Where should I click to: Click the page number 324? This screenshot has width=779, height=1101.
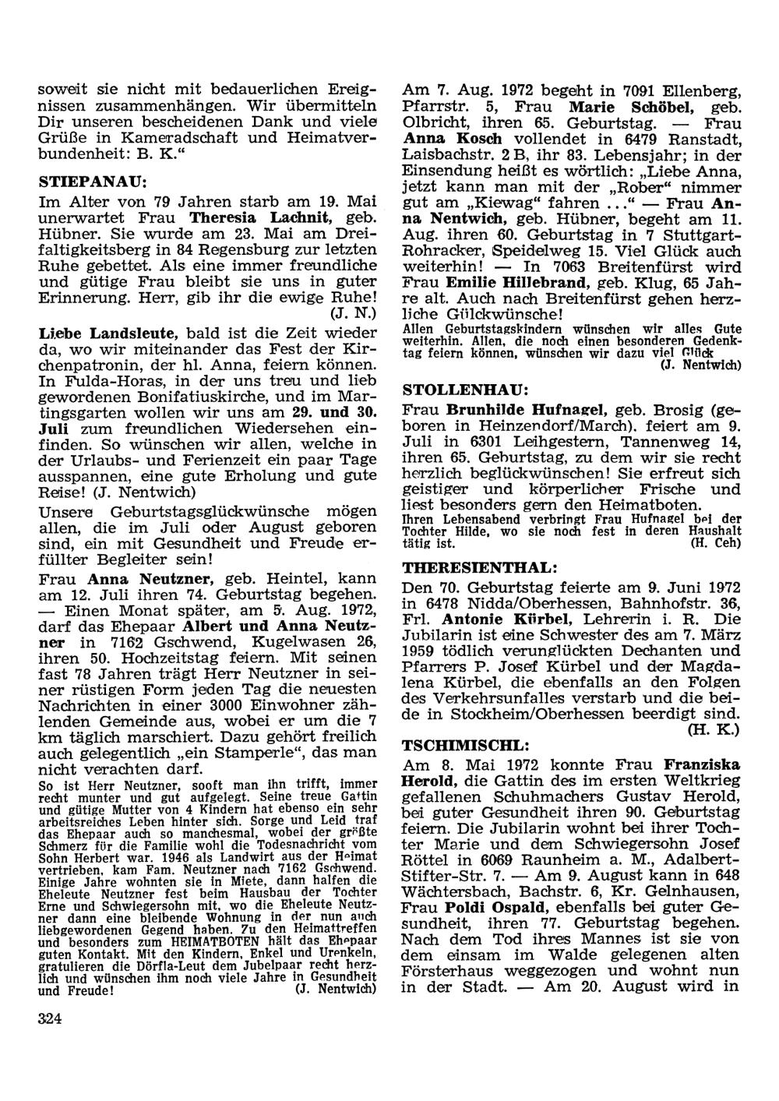tap(50, 1018)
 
